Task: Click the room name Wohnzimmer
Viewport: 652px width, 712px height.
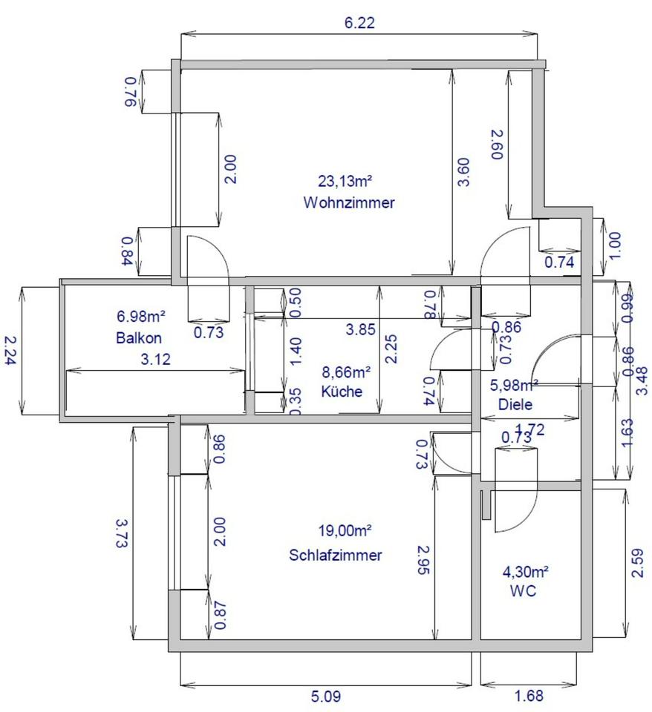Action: point(349,202)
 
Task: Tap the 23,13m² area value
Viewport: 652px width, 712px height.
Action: point(345,181)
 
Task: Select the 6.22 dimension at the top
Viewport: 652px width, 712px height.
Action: point(359,22)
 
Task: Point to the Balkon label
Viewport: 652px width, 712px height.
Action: point(139,337)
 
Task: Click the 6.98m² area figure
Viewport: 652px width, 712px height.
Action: point(140,317)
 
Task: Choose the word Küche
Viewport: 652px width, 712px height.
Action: point(342,391)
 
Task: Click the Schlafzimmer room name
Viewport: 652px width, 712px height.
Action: point(336,555)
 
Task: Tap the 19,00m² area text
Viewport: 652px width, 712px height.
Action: point(344,531)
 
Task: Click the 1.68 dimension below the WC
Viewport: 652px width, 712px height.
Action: point(528,696)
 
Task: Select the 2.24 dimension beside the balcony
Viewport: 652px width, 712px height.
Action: point(10,351)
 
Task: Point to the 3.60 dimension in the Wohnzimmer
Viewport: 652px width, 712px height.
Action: point(463,173)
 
